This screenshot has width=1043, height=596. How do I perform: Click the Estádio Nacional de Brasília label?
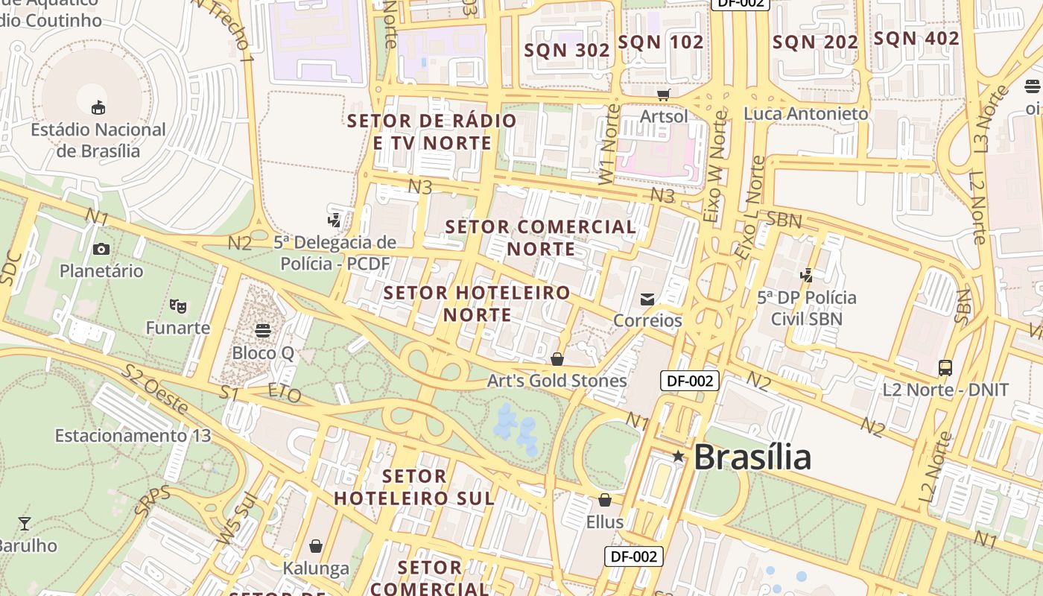(x=98, y=140)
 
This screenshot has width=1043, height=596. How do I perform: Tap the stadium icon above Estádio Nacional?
(x=98, y=108)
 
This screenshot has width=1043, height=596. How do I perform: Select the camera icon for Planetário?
(x=101, y=249)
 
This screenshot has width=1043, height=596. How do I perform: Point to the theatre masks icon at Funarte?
(x=177, y=305)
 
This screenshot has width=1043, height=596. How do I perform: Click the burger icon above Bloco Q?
(x=262, y=330)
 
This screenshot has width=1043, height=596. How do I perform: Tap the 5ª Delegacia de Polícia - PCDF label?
(x=335, y=253)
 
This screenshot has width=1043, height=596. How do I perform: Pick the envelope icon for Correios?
(x=647, y=299)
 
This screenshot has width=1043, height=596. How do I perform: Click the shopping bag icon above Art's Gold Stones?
(x=557, y=359)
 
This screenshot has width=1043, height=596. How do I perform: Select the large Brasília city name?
(x=752, y=457)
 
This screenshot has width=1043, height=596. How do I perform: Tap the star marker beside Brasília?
(x=678, y=456)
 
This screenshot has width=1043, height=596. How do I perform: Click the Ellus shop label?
(x=604, y=521)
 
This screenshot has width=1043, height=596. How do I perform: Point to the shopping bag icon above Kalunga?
(x=316, y=546)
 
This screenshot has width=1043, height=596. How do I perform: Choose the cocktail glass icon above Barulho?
(x=25, y=523)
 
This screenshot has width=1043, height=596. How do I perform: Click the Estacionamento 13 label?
(x=133, y=435)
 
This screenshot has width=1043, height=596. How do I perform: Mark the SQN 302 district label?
(x=567, y=50)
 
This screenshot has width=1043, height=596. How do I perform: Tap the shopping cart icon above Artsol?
(x=663, y=95)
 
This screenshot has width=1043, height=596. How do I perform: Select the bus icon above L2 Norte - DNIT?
(x=945, y=367)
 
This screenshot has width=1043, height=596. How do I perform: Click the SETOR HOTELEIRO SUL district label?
(x=413, y=487)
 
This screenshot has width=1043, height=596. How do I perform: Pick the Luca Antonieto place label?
(x=806, y=114)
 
